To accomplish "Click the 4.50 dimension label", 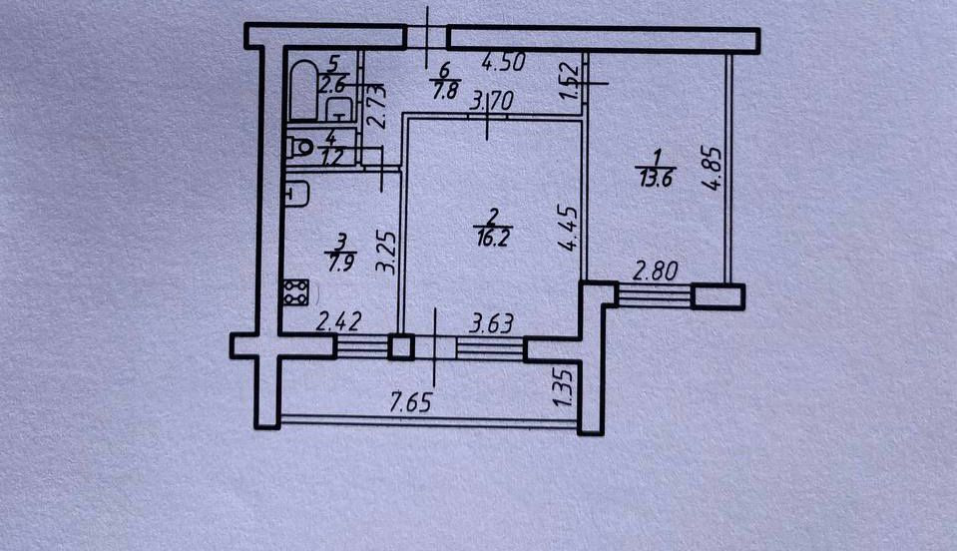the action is tap(503, 62).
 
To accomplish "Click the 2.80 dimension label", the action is tap(655, 271).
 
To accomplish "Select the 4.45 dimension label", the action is tap(568, 229).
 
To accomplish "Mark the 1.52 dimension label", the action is tap(568, 82).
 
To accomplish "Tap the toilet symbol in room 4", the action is tap(300, 149).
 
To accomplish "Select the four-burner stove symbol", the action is tap(295, 291).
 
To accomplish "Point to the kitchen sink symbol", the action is tap(295, 195).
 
